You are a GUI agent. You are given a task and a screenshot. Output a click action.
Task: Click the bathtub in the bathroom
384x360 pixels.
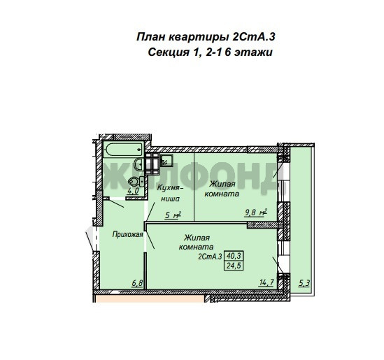click(123, 150)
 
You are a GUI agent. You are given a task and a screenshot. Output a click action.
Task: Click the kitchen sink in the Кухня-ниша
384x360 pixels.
click(166, 160)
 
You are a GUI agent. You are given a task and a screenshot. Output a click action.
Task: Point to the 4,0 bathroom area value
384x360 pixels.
click(133, 191)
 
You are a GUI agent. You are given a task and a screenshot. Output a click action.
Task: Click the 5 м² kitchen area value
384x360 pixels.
click(173, 215)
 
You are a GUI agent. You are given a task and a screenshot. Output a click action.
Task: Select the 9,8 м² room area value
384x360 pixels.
click(256, 213)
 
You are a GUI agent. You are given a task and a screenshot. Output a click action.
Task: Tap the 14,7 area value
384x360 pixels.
click(266, 282)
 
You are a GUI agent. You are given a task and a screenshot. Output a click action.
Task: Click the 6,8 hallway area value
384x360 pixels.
click(137, 283)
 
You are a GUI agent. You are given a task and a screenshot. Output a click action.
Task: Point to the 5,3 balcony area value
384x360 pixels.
click(304, 283)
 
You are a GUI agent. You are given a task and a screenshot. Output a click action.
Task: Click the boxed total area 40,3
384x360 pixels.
click(234, 256)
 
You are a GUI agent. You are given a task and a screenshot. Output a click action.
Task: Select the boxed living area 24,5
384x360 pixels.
click(234, 266)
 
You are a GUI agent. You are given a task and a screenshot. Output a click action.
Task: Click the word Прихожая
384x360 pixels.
click(127, 234)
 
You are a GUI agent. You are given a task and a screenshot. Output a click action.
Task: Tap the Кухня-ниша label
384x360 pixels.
click(170, 194)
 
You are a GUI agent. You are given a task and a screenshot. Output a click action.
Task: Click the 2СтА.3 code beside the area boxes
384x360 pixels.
click(210, 257)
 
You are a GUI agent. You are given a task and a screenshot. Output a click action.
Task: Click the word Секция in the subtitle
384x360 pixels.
click(169, 52)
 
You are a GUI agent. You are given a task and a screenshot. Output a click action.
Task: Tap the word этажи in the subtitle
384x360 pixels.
click(253, 52)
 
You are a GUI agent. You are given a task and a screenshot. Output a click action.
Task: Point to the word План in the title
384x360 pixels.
click(150, 37)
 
